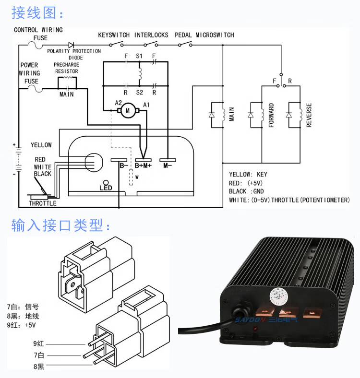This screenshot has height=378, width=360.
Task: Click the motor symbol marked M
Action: (x=128, y=111)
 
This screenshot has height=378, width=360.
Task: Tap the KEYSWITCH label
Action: (x=114, y=35)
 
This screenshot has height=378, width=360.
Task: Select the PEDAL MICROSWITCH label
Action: (x=204, y=35)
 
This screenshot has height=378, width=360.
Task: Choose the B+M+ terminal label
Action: (x=143, y=165)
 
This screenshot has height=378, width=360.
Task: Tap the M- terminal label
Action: (x=168, y=165)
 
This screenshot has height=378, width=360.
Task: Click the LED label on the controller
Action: (x=106, y=188)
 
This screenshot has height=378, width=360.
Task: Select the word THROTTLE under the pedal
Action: (x=42, y=203)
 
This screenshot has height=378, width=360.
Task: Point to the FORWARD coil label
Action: (x=271, y=115)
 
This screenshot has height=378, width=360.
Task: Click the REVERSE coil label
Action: (x=309, y=115)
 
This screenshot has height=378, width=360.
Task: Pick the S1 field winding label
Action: (x=139, y=56)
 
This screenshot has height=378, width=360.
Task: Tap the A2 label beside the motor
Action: (x=119, y=103)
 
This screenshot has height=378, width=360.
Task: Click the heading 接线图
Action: (x=37, y=13)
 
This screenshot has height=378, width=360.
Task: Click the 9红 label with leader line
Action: (x=39, y=343)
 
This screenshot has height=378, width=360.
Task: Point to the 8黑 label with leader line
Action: (x=39, y=366)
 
